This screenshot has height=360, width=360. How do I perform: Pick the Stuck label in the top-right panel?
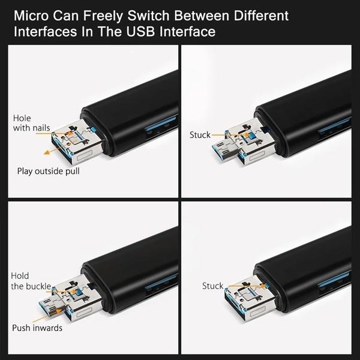click(x=200, y=135)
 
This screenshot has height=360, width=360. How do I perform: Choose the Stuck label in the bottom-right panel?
click(x=212, y=286)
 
